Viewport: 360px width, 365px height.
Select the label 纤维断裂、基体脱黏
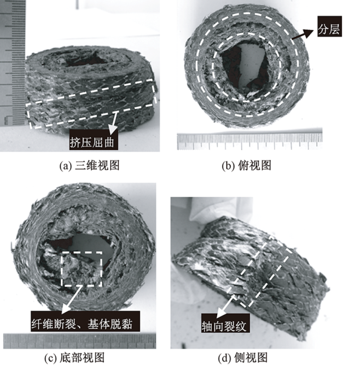coord(86,323)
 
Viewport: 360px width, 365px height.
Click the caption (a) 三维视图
coord(89,165)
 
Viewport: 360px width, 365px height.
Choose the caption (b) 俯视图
coord(246,165)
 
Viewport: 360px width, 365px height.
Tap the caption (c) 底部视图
coord(74,357)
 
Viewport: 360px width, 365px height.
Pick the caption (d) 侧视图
coord(243,357)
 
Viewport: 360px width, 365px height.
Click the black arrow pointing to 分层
coord(303,34)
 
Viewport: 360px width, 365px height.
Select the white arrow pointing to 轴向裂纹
coord(225,306)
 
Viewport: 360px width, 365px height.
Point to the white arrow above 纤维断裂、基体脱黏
coord(72,300)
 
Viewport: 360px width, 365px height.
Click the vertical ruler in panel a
coord(12,63)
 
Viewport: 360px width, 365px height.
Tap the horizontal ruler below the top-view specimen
coord(249,141)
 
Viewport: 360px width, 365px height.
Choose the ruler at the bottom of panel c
coord(79,341)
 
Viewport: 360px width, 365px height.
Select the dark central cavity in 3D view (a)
coord(86,60)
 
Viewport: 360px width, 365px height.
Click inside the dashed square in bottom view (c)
coord(82,269)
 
